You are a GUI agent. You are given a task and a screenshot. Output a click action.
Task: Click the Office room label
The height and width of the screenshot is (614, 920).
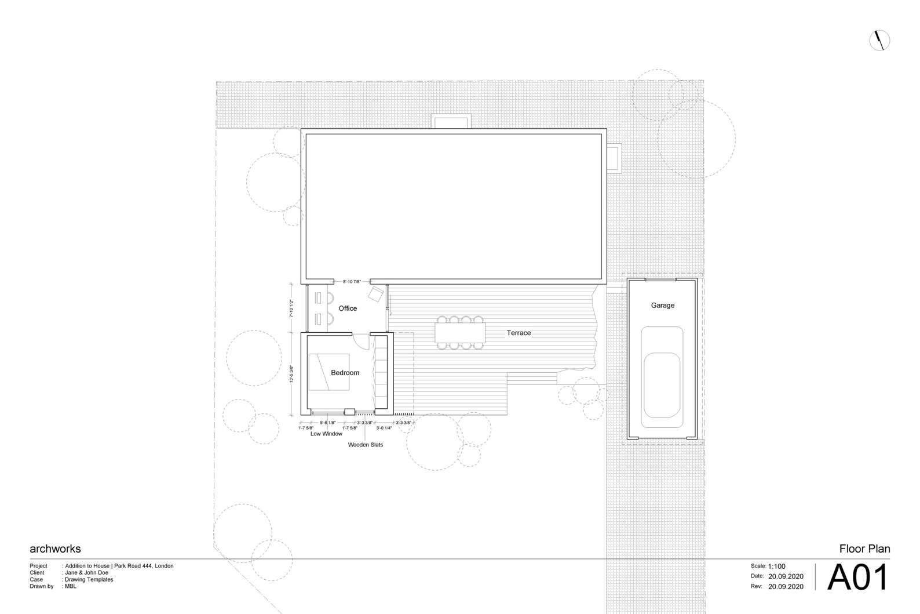pos(348,308)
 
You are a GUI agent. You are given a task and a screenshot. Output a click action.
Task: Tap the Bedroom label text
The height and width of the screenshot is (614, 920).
pos(345,373)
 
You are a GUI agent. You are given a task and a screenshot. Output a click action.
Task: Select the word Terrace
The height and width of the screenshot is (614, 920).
pos(519,333)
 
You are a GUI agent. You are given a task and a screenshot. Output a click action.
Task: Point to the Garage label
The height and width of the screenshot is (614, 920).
pos(662,306)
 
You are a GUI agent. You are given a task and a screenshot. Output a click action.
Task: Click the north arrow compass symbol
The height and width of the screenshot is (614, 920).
pos(879,40)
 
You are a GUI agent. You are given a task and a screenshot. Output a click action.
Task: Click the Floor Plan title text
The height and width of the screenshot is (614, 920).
pos(864,548)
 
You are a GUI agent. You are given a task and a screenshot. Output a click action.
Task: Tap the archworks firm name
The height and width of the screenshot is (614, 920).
pos(55,548)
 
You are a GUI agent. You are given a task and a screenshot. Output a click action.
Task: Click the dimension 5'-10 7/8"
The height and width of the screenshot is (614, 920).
pos(352,282)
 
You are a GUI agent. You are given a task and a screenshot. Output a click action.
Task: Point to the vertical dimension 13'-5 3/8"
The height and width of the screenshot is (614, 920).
pos(292,374)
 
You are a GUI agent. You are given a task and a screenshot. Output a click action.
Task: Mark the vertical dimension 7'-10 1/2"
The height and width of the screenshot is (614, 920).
pos(292,308)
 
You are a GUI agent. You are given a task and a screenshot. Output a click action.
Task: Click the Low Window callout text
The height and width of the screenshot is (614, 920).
pos(326,434)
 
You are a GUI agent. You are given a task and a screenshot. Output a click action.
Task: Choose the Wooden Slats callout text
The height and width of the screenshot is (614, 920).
pos(365,445)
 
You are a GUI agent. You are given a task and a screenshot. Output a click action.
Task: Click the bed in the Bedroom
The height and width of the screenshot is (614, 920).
pos(328,372)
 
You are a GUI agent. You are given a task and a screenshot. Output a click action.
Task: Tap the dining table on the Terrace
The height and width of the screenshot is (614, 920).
pos(460,333)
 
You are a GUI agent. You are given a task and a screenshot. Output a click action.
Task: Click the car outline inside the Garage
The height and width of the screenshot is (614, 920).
pos(662,373)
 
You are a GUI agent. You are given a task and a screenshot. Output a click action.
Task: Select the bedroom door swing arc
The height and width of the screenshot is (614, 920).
pos(362,342)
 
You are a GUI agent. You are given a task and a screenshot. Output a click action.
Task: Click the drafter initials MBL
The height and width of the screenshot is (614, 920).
pos(70,586)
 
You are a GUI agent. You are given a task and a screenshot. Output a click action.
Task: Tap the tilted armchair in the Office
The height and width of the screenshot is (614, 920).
pos(377,294)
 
